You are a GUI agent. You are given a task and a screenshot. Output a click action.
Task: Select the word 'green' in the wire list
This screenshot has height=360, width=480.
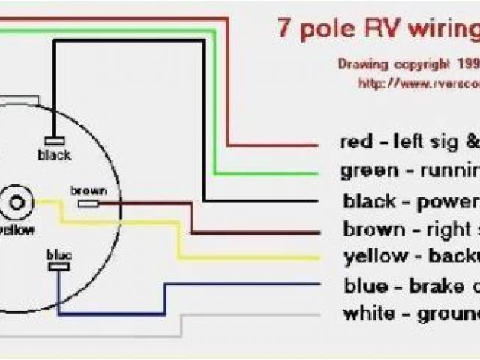click(x=366, y=170)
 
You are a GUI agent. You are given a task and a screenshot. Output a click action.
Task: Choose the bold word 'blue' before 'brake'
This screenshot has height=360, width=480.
click(x=365, y=286)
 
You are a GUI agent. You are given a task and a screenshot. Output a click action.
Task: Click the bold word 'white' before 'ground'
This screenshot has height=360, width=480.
click(x=368, y=313)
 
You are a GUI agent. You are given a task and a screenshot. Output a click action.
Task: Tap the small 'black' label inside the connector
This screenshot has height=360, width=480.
click(x=54, y=154)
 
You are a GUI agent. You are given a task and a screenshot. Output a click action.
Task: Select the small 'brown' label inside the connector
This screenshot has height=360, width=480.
click(x=88, y=190)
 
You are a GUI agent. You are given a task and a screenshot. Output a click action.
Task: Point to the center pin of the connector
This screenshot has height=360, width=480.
click(x=16, y=202)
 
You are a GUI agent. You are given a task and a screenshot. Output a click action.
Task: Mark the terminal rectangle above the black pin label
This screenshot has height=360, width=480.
click(x=54, y=141)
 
